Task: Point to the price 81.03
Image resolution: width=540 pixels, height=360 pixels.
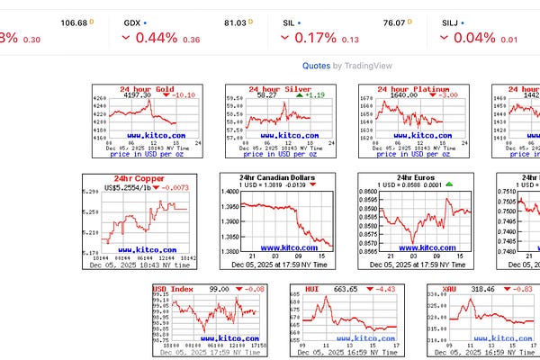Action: coord(236,22)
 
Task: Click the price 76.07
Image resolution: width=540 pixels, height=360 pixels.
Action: coord(394,22)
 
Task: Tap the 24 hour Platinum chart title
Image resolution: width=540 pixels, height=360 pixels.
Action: coord(409,89)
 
